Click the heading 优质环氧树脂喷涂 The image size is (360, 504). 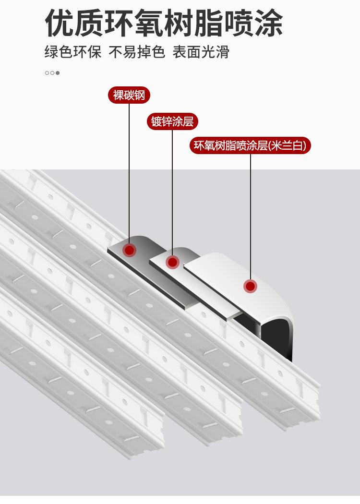click(164, 23)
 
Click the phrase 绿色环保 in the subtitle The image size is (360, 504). click(73, 52)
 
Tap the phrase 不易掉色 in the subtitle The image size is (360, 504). click(137, 52)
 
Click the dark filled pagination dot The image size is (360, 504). click(58, 73)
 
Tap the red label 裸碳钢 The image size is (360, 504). click(129, 95)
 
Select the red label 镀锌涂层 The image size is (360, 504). click(172, 121)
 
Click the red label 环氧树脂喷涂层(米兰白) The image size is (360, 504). click(250, 145)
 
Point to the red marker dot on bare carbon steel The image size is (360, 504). click(129, 250)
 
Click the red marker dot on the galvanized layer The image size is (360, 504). click(172, 262)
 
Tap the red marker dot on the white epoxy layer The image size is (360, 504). click(250, 287)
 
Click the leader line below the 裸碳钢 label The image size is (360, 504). click(129, 173)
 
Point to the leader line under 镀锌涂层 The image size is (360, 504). click(172, 192)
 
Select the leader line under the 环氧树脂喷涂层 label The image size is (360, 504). click(250, 216)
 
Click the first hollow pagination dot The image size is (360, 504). click(47, 73)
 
